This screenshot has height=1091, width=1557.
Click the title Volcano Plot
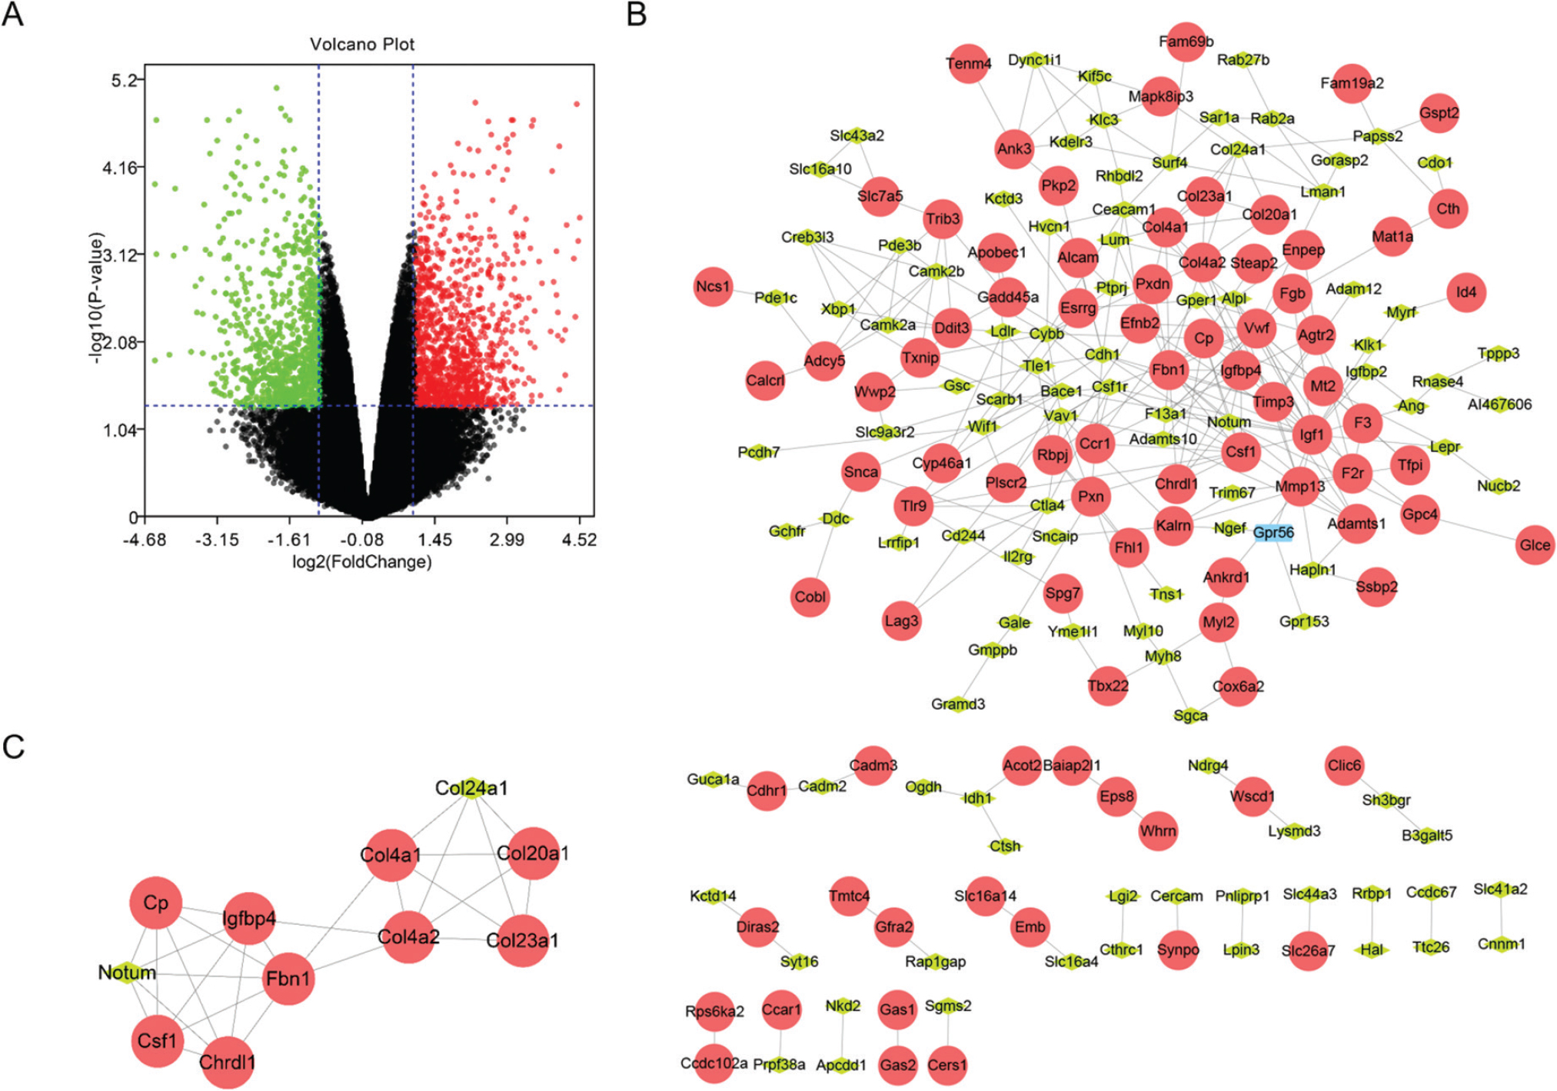click(x=361, y=44)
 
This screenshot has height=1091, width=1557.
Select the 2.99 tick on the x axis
click(x=507, y=539)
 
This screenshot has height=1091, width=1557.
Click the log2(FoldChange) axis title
click(x=361, y=562)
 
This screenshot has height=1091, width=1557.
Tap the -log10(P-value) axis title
click(x=95, y=298)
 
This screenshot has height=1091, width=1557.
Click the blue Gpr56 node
click(x=1273, y=532)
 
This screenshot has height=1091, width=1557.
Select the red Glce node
click(x=1535, y=544)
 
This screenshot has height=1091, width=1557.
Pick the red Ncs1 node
click(x=713, y=286)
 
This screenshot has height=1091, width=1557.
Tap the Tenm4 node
click(x=968, y=64)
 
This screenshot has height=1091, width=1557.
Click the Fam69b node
click(x=1186, y=42)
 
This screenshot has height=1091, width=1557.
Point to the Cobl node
click(x=810, y=597)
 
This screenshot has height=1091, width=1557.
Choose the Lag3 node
click(x=901, y=620)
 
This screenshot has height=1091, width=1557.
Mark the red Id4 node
click(x=1466, y=292)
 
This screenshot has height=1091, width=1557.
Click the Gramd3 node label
click(x=958, y=703)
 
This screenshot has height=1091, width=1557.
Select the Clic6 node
click(x=1344, y=765)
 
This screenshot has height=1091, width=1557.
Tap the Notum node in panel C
click(x=128, y=973)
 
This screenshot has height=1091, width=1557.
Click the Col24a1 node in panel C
click(x=471, y=788)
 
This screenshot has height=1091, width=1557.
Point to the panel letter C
click(x=14, y=747)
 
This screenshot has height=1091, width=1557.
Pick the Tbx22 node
click(x=1108, y=685)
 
